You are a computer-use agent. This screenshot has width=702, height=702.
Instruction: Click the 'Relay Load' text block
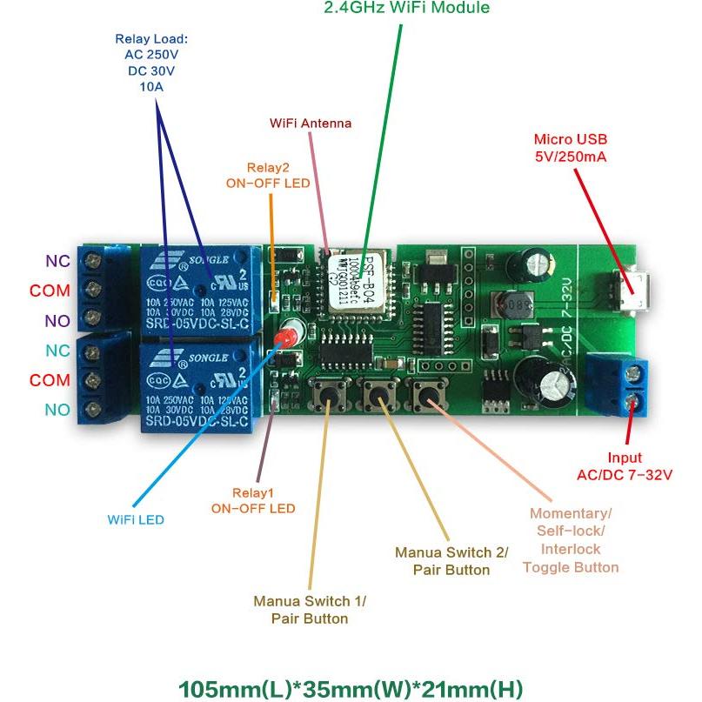pyautogui.click(x=151, y=64)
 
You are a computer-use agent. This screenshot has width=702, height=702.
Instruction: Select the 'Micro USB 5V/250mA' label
pyautogui.click(x=570, y=148)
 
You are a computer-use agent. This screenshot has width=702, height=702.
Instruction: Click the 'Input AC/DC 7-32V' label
pyautogui.click(x=625, y=466)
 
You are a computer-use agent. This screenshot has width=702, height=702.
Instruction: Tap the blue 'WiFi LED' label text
pyautogui.click(x=136, y=520)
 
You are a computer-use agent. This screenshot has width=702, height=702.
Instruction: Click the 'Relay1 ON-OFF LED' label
pyautogui.click(x=253, y=500)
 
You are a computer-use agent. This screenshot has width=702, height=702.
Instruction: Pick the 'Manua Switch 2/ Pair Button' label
pyautogui.click(x=451, y=561)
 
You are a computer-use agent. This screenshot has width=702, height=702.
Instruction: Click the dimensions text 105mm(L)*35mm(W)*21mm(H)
pyautogui.click(x=351, y=689)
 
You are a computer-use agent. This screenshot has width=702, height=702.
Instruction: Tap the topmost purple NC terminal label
pyautogui.click(x=58, y=260)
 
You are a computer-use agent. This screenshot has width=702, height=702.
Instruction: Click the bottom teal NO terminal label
pyautogui.click(x=57, y=410)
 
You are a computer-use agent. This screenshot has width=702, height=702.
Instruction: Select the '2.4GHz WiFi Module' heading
pyautogui.click(x=406, y=9)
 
